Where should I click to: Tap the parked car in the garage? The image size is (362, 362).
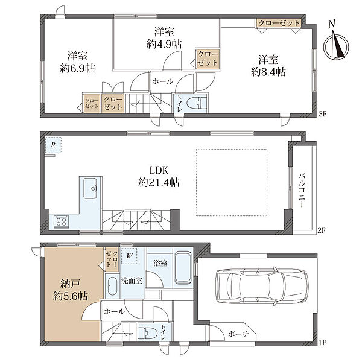[262, 285]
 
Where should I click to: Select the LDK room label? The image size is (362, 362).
[159, 170]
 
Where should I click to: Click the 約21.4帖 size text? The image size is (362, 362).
[159, 183]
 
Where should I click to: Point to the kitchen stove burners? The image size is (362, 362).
[61, 221]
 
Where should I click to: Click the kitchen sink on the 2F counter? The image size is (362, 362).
[90, 188]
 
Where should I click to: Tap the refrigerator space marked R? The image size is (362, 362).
[53, 145]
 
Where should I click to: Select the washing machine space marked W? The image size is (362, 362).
[129, 256]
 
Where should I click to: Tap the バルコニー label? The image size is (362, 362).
[302, 191]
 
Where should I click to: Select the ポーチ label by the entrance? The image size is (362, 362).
[238, 334]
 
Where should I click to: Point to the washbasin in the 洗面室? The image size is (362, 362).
[112, 286]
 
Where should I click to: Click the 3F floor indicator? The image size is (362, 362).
[322, 113]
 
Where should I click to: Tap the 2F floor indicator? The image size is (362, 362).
[321, 230]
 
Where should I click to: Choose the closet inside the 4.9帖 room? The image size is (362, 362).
[208, 59]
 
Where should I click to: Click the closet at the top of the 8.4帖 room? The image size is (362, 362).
[279, 23]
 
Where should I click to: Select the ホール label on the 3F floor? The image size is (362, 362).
[162, 81]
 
